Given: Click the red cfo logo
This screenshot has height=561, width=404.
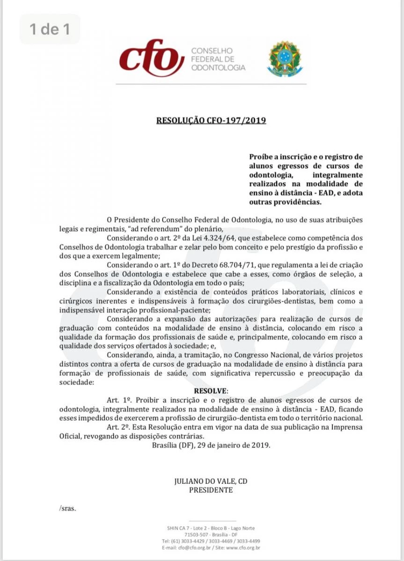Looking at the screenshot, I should click(151, 59).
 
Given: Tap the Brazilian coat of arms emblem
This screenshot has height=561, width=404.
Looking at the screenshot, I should click(282, 59).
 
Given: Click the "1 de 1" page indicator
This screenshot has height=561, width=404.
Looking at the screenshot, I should click(49, 29).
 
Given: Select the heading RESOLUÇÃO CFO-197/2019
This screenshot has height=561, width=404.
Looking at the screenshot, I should click(212, 120).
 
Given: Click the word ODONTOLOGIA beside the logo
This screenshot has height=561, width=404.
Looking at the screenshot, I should click(218, 68).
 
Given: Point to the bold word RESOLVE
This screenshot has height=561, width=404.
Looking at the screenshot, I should click(211, 390).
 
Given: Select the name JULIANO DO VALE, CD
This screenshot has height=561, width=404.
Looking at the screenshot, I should click(211, 482).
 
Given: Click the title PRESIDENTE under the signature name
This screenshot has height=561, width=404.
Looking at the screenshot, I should click(211, 490).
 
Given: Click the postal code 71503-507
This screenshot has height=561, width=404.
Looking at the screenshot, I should click(185, 534).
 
